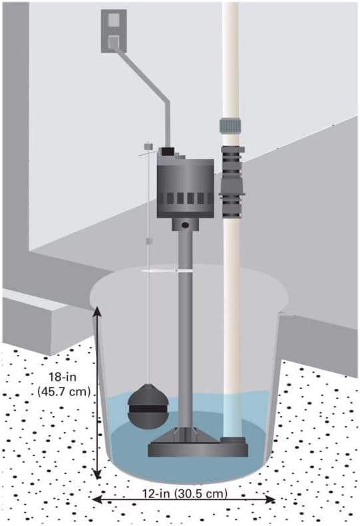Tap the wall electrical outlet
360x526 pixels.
pos(114,31)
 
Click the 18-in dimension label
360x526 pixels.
pos(63,377)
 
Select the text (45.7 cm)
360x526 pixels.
pos(64,392)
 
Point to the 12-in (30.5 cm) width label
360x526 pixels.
pos(185,494)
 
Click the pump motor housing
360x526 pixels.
pos(185,188)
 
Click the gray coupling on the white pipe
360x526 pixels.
pos(230,125)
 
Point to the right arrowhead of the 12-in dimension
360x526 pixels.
pos(270,499)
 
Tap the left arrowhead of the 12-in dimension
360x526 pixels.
pos(97,499)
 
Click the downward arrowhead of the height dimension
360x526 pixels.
pos(97,474)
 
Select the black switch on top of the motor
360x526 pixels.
pos(166,152)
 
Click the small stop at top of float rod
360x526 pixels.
pos(148,147)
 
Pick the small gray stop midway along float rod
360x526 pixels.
pos(149,241)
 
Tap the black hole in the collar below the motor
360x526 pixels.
pos(184,225)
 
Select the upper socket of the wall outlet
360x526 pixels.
pos(114,20)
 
